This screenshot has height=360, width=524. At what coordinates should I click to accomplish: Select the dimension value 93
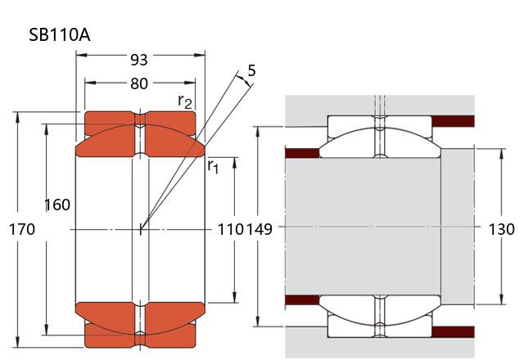[x=139, y=60]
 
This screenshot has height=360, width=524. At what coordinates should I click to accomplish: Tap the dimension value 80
[x=139, y=83]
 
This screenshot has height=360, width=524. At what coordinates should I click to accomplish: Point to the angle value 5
[x=251, y=71]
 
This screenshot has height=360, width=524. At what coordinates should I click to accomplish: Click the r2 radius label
[x=186, y=101]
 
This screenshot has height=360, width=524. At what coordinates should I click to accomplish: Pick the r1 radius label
[x=213, y=167]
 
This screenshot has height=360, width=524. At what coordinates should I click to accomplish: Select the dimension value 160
[x=56, y=205]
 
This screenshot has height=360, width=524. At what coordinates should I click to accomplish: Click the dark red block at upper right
[x=454, y=122]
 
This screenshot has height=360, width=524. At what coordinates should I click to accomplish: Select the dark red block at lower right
[x=454, y=331]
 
